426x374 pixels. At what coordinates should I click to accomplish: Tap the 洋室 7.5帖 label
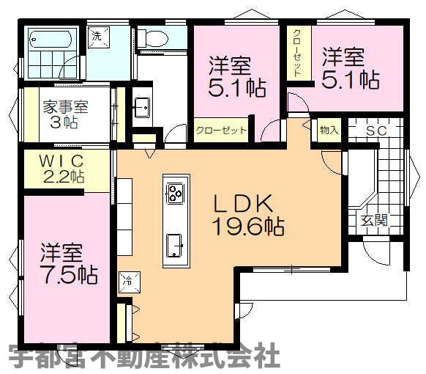[x=68, y=264]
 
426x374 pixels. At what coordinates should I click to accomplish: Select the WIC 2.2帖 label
[x=63, y=168]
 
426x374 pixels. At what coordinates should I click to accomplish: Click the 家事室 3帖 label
[x=65, y=114]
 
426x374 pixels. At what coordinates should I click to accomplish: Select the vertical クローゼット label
[x=297, y=52]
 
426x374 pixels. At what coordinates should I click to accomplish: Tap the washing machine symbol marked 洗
[x=97, y=36]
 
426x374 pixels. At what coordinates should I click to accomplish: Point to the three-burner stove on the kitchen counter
[x=176, y=193]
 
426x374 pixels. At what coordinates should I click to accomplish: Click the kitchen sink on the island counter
[x=175, y=243]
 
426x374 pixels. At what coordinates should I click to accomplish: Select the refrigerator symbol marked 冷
[x=127, y=280]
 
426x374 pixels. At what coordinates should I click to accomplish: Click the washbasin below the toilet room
[x=142, y=108]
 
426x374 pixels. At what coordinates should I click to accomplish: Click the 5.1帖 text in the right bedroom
[x=359, y=78]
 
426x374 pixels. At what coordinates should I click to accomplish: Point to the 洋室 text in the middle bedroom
[x=229, y=65]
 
